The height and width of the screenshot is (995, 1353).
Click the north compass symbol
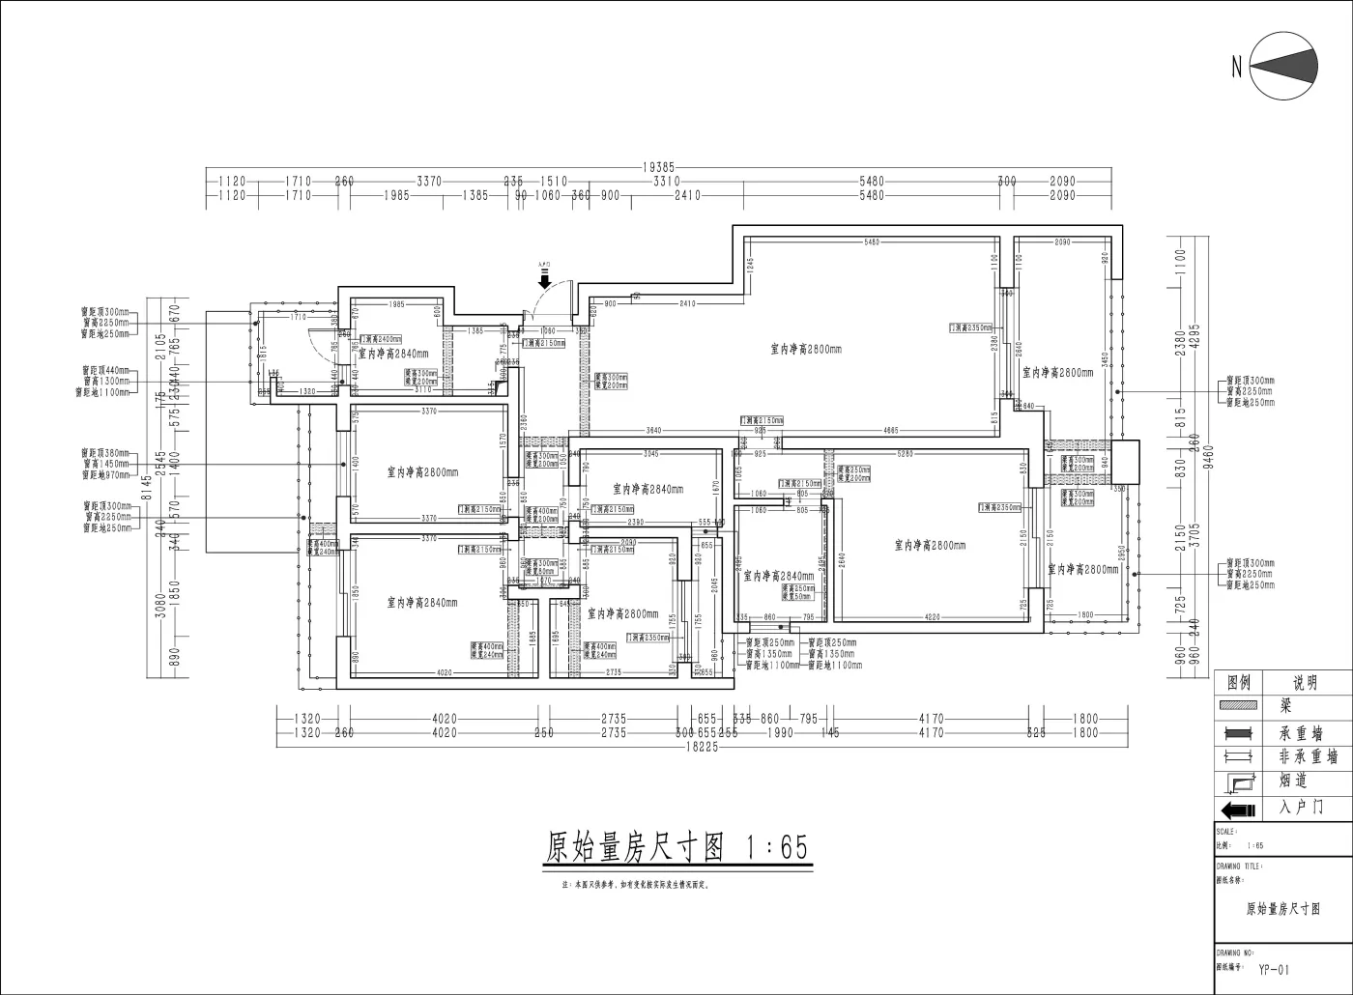1284,66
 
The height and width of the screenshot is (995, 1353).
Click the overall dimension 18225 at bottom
702,747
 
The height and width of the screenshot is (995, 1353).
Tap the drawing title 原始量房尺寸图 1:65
676,848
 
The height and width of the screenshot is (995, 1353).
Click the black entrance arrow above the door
545,280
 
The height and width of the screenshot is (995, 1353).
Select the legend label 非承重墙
1306,757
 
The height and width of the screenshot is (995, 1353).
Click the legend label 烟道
1295,782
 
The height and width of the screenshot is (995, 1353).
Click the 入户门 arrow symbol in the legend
1238,808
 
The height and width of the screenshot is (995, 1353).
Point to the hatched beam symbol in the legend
1238,708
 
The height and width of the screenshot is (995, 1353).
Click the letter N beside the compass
1236,67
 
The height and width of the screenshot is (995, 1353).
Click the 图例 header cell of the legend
1238,683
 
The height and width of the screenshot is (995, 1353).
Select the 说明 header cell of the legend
1306,683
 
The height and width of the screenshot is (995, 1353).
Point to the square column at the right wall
1125,462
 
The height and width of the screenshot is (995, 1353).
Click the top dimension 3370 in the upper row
429,181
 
